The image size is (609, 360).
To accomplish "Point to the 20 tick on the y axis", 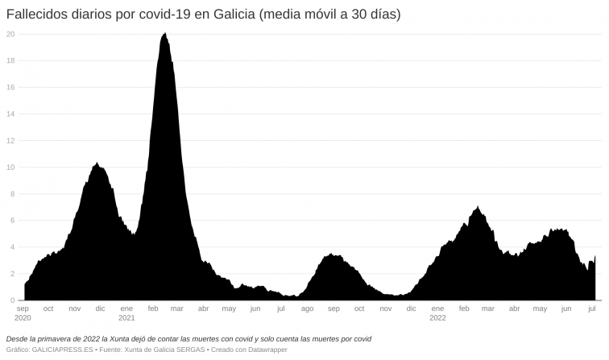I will click(10, 34).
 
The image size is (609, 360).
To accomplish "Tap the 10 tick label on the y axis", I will click(10, 168).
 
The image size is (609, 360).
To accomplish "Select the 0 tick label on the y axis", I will click(12, 300).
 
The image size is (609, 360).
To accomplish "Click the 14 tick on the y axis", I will click(10, 114).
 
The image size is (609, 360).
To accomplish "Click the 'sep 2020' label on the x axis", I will click(23, 313).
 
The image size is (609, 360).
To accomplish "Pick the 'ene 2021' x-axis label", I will click(126, 313).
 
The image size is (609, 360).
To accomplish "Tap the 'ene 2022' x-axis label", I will click(437, 313).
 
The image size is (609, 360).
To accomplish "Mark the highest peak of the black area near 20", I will click(165, 34).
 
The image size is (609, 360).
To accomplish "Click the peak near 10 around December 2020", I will click(97, 163).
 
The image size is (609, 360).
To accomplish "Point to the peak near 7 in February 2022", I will click(478, 207).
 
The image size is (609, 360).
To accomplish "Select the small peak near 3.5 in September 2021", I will click(331, 255).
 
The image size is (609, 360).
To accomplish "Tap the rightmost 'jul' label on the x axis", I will click(592, 308).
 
